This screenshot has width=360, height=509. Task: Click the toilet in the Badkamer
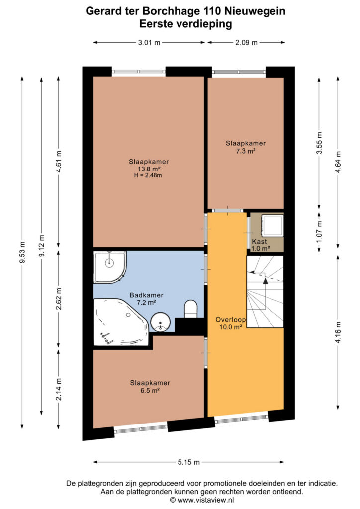(191, 309)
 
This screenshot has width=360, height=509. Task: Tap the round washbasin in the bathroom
(161, 322)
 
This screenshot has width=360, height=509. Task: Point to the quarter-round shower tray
(110, 267)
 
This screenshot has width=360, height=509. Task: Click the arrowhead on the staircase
(265, 281)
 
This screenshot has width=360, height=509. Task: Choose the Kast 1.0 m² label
(261, 245)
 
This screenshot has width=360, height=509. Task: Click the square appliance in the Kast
(272, 225)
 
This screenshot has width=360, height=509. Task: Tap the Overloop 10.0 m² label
(231, 323)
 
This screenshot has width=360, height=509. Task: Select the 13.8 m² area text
(149, 169)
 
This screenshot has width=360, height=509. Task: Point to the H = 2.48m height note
(148, 175)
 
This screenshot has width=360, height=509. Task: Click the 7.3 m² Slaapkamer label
(246, 147)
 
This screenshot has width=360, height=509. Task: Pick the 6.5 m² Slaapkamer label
(150, 387)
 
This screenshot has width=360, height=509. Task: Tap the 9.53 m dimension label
(22, 253)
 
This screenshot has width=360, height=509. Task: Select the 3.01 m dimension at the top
(149, 43)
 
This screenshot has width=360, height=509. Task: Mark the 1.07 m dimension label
(319, 232)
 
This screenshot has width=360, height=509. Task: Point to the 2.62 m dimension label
(59, 299)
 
